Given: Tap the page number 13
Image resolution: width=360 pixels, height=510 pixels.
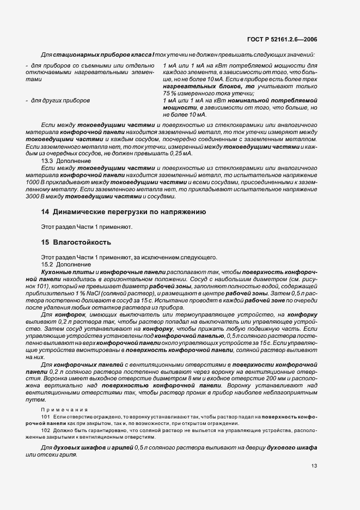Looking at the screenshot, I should [x=314, y=466].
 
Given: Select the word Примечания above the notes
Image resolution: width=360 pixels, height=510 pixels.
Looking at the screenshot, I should [x=60, y=408].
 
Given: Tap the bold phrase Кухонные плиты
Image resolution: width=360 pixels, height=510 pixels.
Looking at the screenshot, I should [x=63, y=271].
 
